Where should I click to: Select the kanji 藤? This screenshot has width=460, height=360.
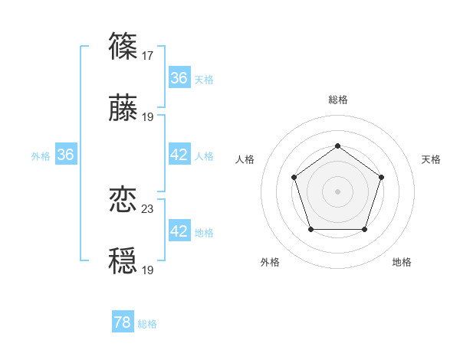tap(123, 108)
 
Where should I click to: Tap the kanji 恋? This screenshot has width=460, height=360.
tap(123, 200)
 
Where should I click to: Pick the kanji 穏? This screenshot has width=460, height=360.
tap(123, 261)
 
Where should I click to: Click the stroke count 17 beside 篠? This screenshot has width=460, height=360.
tap(148, 55)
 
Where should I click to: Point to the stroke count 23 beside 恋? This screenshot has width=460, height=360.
tap(148, 208)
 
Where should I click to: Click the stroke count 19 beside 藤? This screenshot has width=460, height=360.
tap(148, 116)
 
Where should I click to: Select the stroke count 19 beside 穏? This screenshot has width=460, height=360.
tap(148, 270)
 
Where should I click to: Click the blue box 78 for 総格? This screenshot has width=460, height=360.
tap(123, 322)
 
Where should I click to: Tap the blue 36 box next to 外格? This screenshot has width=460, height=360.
tap(66, 155)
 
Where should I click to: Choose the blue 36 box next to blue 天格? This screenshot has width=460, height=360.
tap(179, 78)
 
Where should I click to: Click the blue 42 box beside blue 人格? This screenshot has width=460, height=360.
tap(179, 155)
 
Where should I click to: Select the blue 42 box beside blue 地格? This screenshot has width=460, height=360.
tap(179, 231)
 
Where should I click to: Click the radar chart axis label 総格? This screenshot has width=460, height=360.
tap(337, 100)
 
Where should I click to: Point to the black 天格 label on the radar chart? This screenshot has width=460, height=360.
tap(431, 159)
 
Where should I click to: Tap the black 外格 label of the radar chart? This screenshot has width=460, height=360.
tap(270, 262)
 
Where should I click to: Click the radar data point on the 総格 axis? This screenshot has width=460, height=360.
tap(337, 146)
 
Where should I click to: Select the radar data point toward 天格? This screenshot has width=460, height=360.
tap(381, 177)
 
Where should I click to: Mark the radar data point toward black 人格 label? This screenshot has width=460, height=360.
tap(294, 177)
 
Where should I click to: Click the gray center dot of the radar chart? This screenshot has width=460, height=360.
tap(337, 191)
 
